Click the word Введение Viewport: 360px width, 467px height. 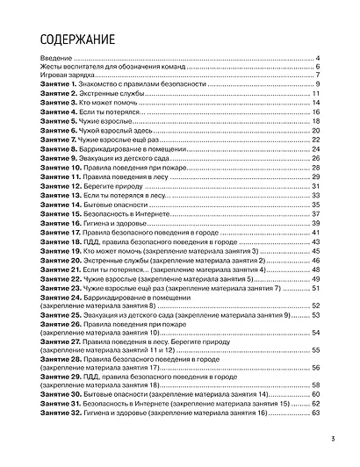[x=55, y=58]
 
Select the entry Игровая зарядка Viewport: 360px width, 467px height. [x=67, y=75]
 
